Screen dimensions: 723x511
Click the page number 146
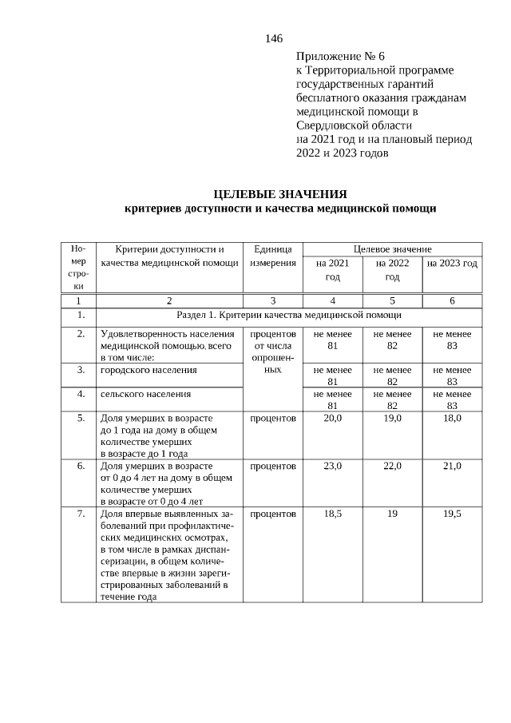tap(274, 38)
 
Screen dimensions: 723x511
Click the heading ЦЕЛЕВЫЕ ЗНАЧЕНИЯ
tap(280, 194)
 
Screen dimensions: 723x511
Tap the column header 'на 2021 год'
tap(332, 269)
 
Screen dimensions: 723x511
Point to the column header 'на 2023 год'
tap(452, 263)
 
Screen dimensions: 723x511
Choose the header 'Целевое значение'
tap(392, 248)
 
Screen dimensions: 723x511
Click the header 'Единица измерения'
tap(273, 256)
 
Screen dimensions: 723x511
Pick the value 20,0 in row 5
tap(332, 418)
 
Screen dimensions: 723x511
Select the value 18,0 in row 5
tap(452, 418)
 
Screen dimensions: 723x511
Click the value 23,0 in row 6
tap(332, 466)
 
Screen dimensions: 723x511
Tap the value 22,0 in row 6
tap(392, 466)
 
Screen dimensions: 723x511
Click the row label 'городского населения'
tap(149, 370)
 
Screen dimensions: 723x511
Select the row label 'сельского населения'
tap(146, 394)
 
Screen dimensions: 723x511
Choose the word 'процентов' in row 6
tap(273, 466)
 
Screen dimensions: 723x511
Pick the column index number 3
tap(273, 300)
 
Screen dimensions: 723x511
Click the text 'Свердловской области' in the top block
tap(354, 125)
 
